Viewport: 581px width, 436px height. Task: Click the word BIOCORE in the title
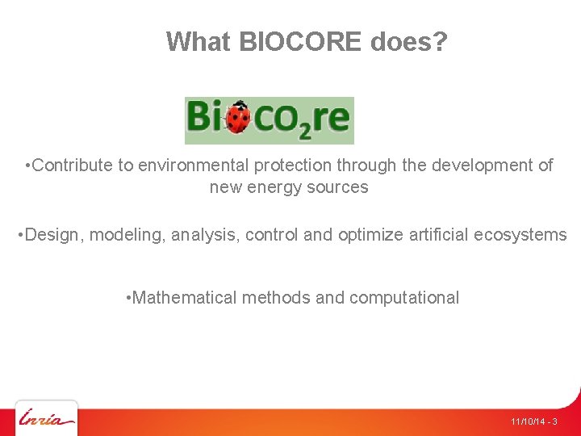pyautogui.click(x=300, y=41)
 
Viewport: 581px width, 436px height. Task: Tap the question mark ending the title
pyautogui.click(x=439, y=41)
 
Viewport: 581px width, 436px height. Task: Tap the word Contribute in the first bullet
pyautogui.click(x=73, y=166)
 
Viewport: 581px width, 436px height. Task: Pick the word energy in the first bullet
pyautogui.click(x=285, y=187)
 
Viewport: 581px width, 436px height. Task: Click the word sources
pyautogui.click(x=341, y=187)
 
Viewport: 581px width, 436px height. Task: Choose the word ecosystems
pyautogui.click(x=520, y=235)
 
